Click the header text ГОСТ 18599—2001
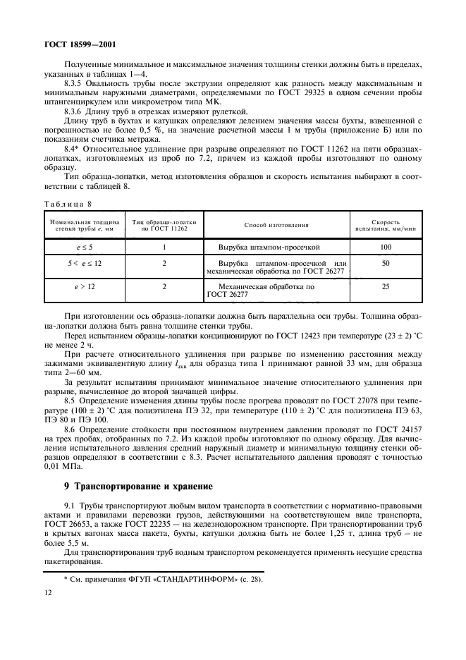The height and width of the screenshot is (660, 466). coord(66,44)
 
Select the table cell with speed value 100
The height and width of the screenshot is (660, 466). coord(385,248)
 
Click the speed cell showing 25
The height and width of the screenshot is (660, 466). coord(385,288)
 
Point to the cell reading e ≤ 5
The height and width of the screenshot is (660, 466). coord(84,248)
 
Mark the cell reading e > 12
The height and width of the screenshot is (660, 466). coord(84,288)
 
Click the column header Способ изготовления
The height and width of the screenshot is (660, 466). coord(276,225)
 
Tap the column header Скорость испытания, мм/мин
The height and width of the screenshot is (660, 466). coord(385,225)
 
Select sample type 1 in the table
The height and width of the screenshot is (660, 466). coord(164,248)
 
